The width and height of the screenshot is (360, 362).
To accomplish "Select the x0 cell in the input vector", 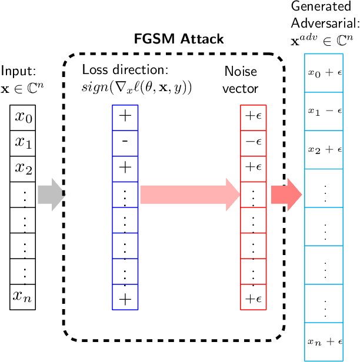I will click(x=24, y=118).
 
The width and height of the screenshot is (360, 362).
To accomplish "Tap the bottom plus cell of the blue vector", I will click(x=125, y=297).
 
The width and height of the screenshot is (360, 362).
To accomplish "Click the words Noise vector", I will click(x=241, y=79).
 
